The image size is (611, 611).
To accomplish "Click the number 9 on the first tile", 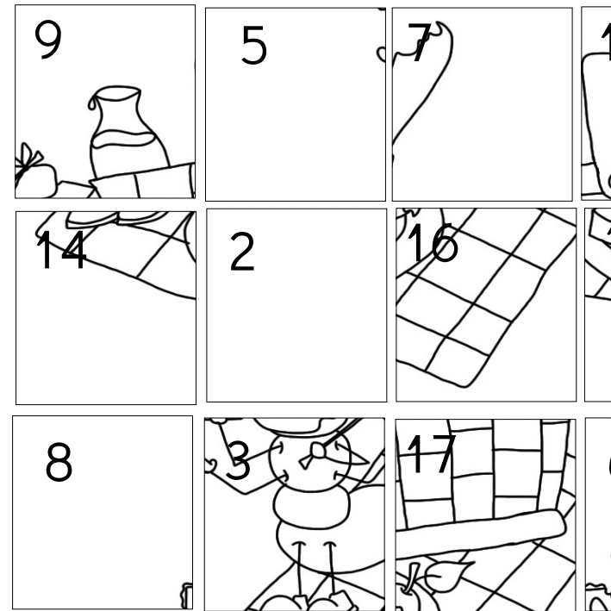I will tap(48, 41).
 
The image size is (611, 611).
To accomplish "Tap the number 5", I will tap(253, 46).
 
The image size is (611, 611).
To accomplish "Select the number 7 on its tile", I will tap(420, 43).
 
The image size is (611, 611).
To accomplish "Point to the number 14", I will tap(60, 251).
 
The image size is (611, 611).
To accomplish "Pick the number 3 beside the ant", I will tap(238, 462).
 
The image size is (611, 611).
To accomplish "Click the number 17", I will tap(430, 454).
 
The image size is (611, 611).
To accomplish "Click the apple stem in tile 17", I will tap(413, 575).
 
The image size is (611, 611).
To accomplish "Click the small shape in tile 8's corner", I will tap(186, 595).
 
